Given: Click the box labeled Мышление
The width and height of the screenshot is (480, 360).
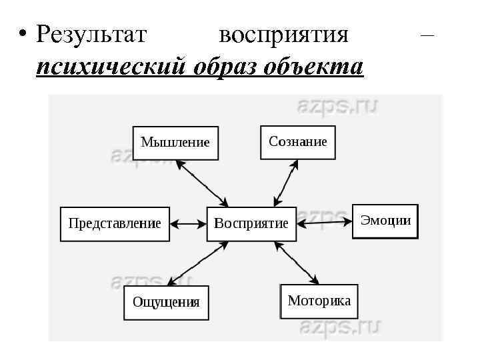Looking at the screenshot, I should pos(175,143).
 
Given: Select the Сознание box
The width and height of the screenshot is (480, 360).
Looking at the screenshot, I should pos(297,141).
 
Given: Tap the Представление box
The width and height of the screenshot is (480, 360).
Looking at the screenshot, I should pos(115,223).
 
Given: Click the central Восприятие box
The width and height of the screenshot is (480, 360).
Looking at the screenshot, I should pos(251,223).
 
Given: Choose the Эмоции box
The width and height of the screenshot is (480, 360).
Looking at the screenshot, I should pos(385,221).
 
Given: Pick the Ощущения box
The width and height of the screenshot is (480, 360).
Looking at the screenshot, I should pos(166,302).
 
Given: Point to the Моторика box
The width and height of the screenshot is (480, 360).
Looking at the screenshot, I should pos(319,301).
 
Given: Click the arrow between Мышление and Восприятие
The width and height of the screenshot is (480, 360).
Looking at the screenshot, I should pos(202,183).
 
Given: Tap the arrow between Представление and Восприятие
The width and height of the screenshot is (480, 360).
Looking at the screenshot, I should pos(188,223).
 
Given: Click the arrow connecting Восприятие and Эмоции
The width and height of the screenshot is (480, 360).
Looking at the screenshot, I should pos(324,222).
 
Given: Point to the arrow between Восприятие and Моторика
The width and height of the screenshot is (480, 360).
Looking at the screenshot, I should pos(297,262).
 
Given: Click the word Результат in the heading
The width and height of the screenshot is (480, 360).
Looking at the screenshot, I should pos(91,33).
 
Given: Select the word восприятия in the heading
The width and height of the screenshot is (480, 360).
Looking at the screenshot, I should pos(283,33).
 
